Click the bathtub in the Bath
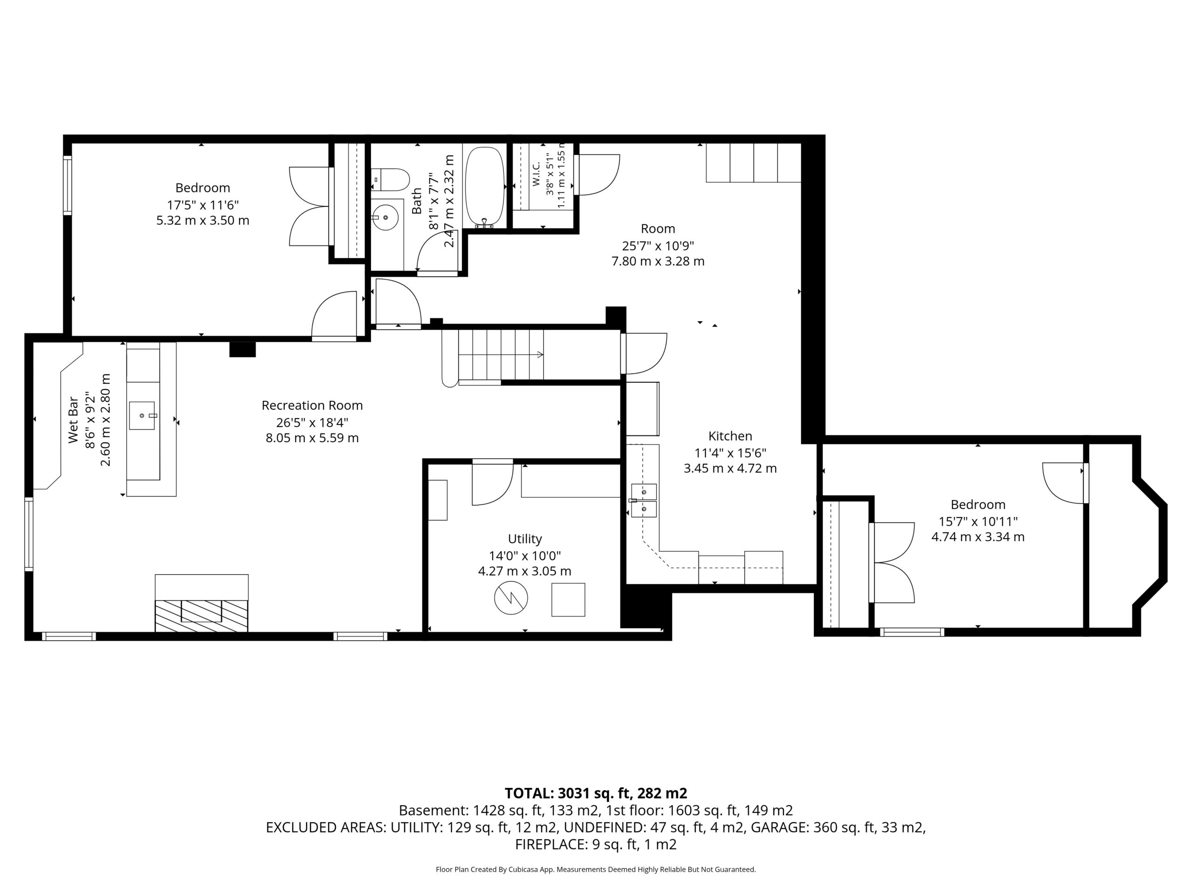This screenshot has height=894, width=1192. [484, 187]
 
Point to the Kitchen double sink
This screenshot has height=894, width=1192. [644, 501]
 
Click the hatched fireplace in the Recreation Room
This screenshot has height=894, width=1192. [202, 615]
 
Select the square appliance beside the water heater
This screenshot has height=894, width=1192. [568, 600]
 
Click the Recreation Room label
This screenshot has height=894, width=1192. [312, 405]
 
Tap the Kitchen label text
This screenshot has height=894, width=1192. [730, 436]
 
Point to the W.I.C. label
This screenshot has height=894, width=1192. [536, 174]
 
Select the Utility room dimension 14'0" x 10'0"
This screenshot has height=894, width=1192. [525, 555]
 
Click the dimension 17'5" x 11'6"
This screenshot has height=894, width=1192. [203, 205]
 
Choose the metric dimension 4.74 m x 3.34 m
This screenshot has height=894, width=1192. [978, 537]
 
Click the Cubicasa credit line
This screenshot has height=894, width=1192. [596, 869]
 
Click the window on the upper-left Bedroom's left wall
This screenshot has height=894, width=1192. [68, 185]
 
